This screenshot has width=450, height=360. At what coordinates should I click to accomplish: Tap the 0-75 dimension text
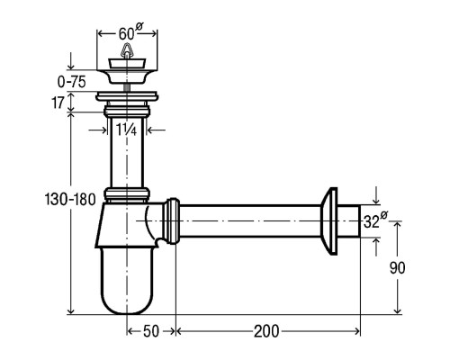pos(72,82)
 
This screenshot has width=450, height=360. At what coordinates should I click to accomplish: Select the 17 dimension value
pos(58,103)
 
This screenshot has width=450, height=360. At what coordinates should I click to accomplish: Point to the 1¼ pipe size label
pos(126,130)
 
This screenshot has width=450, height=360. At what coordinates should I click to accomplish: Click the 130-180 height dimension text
pos(70,199)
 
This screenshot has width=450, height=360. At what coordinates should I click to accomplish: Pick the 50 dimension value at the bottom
pos(151,331)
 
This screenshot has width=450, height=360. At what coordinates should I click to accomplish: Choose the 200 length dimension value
pos(266,331)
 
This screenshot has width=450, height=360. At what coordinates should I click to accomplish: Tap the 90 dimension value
pos(397,268)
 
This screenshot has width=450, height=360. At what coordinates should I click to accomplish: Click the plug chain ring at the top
pos(127,50)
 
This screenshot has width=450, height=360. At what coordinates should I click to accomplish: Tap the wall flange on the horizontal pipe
pos(329,221)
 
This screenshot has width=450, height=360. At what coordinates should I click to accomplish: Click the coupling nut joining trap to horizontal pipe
pos(173,221)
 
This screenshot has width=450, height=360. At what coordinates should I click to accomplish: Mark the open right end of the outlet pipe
pos(359,221)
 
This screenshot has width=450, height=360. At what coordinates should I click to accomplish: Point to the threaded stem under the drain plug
pos(127,87)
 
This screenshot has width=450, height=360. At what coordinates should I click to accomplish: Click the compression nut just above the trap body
pos(127,194)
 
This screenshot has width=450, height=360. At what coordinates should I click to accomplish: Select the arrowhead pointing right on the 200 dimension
pos(356,331)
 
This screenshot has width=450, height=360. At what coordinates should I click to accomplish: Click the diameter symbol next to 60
pos(139,26)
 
